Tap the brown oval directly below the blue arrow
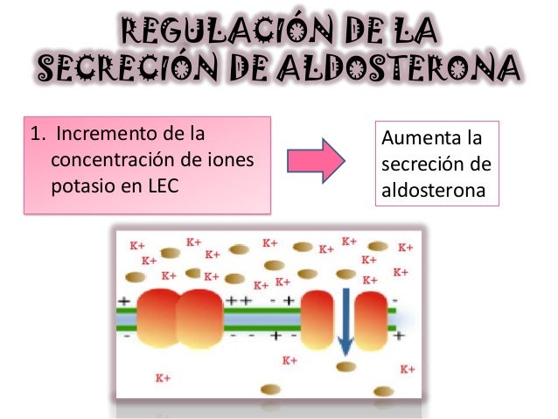[346, 366]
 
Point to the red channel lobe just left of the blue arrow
[317, 318]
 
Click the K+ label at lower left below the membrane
[163, 380]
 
